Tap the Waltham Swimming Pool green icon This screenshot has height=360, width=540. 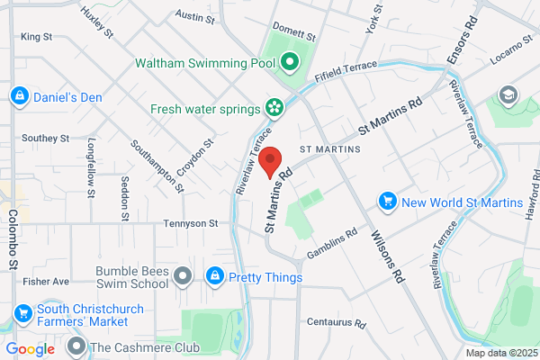coord(289,63)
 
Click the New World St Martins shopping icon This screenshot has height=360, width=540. coord(388,202)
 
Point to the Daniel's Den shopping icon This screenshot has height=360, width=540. coord(19,96)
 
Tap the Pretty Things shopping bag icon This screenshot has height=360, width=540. coord(215,276)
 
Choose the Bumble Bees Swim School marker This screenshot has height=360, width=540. coord(184,276)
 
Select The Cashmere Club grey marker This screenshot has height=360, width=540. coord(76,346)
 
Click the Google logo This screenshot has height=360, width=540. coord(30,349)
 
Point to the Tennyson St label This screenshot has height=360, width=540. coord(191,222)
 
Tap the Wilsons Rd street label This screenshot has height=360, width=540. coord(386,256)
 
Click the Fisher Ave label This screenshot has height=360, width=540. coord(48,281)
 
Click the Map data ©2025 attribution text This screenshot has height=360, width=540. coord(500,353)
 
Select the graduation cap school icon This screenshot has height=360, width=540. coord(508,94)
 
